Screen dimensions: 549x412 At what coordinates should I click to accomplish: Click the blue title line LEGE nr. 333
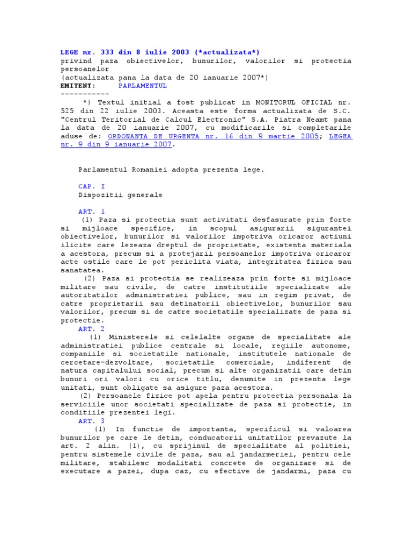tap(160, 52)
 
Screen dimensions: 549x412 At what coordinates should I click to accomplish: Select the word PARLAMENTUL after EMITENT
tap(142, 85)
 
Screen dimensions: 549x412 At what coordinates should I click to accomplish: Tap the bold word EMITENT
tap(78, 85)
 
